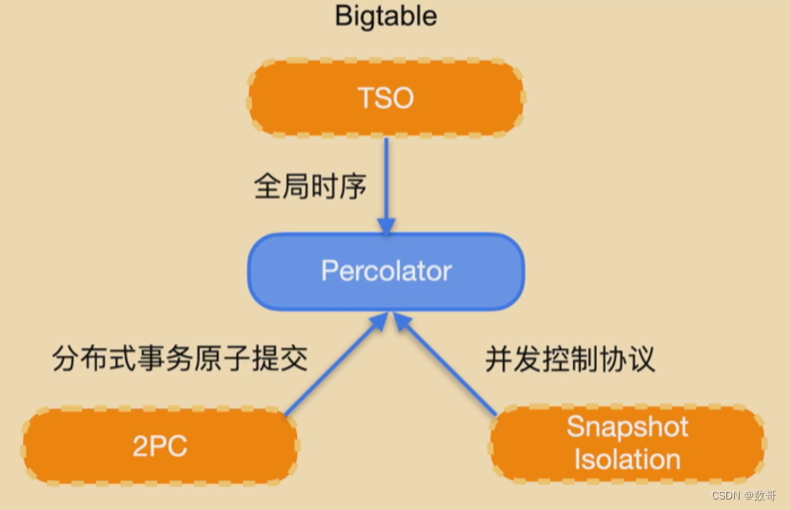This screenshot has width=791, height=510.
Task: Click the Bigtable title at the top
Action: [386, 17]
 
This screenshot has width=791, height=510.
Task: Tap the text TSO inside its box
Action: [386, 99]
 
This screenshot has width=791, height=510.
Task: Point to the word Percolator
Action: [386, 270]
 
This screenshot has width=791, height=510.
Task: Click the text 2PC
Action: [160, 446]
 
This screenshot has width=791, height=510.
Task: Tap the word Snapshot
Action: [627, 427]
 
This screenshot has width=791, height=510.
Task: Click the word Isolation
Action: [627, 460]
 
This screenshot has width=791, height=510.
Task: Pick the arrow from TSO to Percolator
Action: [386, 176]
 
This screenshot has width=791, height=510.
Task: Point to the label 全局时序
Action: [311, 186]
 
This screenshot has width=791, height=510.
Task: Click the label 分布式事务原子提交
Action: [181, 358]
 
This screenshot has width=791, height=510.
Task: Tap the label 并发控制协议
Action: [570, 358]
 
